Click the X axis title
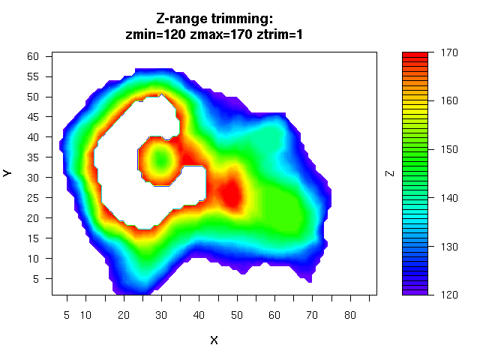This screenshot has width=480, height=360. pos(214,340)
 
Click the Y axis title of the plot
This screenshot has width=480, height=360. pos(8,172)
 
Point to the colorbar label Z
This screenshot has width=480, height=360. pos(389,172)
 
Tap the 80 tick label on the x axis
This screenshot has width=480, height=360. pos(349,316)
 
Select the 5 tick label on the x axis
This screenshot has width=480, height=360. pos(67,316)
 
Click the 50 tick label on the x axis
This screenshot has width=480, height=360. pos(236,316)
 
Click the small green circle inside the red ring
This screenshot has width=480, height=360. pos(160,160)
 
